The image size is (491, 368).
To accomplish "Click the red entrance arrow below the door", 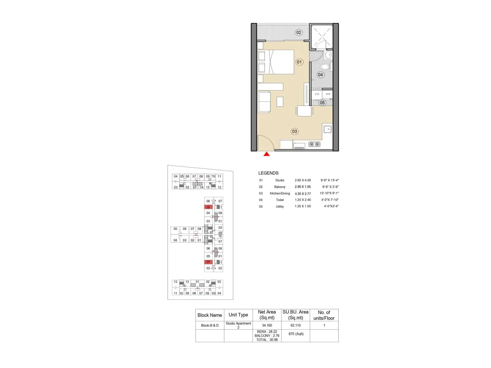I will coord(266,154).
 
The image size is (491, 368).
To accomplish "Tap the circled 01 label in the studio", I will coord(299,62).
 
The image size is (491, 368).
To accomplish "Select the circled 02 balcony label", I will coord(299,33).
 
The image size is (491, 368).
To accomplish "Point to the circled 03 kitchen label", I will coord(294,131).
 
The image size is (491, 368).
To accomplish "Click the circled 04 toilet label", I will coord(320,75).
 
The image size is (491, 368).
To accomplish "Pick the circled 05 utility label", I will coord(322,103).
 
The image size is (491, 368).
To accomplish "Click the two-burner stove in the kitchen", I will coord(314,144).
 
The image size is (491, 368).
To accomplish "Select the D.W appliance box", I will coord(317,94).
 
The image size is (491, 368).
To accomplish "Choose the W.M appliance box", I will coord(328,94).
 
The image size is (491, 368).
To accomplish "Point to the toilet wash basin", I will coord(328,55).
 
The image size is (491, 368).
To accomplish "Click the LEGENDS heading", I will coord(268,173).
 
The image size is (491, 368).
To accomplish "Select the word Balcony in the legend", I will coord(280,187).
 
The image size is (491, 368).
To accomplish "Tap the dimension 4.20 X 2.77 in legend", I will coord(303,194).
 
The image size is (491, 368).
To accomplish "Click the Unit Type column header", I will coord(238,315).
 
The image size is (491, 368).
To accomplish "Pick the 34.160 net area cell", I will coord(267,325).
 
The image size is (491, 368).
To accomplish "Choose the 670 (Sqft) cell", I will coord(296,334).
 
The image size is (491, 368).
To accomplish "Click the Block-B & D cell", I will coord(210,325).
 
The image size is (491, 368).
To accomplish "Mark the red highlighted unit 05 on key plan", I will coord(208,207).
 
